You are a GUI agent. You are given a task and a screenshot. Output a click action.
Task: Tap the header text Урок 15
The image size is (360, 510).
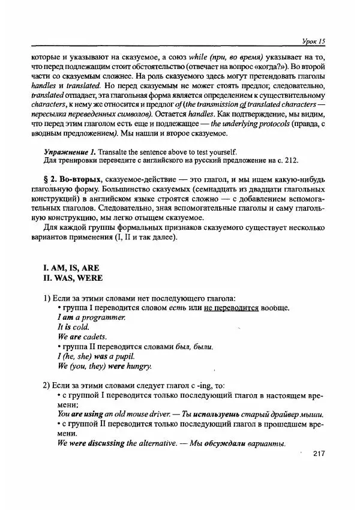point(313,41)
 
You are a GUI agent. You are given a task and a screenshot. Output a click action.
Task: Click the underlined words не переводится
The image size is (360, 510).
point(231,308)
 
